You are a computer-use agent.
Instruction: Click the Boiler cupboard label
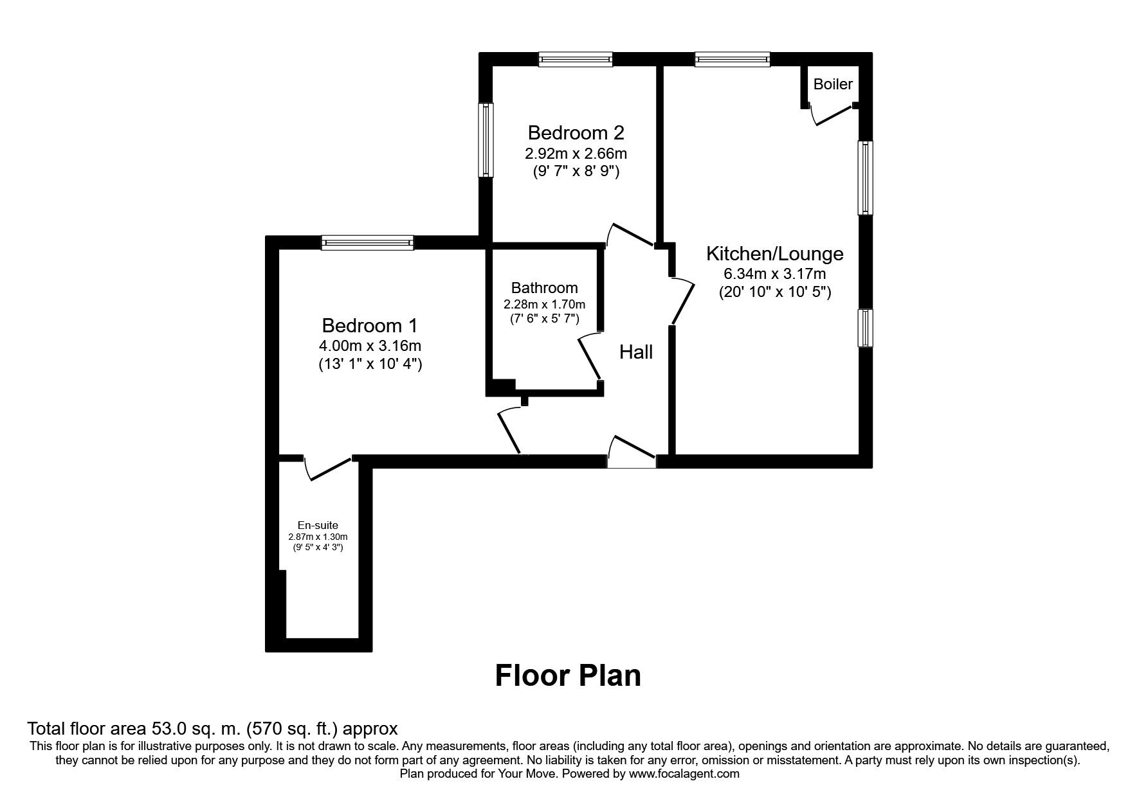(x=833, y=84)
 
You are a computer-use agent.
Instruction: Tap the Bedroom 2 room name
(x=576, y=133)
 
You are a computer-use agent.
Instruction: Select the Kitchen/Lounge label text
(x=774, y=253)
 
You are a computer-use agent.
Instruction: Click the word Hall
(x=635, y=352)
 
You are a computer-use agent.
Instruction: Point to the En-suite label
(x=318, y=525)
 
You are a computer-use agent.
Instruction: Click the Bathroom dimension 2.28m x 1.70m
(x=544, y=304)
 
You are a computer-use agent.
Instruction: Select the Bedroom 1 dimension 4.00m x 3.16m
(x=370, y=346)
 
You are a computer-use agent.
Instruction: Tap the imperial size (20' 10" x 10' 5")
(x=774, y=292)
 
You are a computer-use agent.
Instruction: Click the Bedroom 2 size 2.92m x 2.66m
(x=576, y=154)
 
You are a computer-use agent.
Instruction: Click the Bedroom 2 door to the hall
(x=631, y=234)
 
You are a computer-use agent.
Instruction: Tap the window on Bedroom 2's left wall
(x=486, y=139)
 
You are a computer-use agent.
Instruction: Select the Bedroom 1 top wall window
(x=367, y=242)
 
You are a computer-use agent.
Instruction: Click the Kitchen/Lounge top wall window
(x=732, y=60)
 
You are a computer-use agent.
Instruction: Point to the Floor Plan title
(x=568, y=676)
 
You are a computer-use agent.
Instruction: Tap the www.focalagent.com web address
(x=684, y=774)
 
